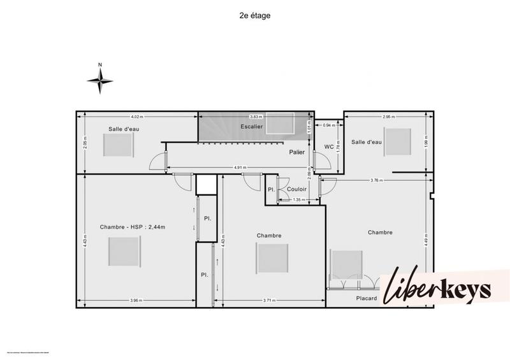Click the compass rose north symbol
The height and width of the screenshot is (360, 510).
point(100,79)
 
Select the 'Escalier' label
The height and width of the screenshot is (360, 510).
point(252,127)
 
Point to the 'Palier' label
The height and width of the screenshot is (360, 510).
point(296,152)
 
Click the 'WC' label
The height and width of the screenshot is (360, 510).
point(329,147)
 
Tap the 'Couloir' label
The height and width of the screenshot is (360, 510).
point(297,189)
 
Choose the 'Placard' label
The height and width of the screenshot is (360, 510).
point(367,298)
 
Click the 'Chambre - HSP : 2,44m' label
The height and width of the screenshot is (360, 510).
point(133,227)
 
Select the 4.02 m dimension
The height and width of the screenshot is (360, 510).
point(136,117)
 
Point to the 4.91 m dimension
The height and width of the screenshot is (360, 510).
point(240,168)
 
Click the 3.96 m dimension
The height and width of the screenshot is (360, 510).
point(135,301)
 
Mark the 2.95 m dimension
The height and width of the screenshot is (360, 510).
point(390,117)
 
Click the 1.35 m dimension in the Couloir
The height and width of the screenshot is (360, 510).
point(296,200)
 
